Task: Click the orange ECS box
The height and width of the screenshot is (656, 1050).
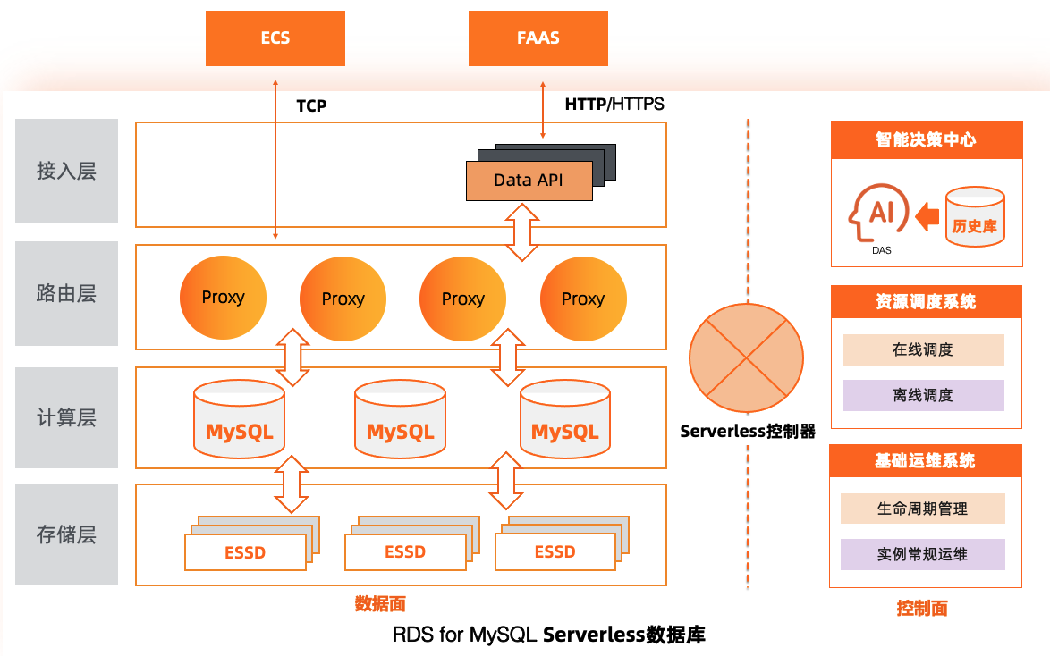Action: click(x=275, y=38)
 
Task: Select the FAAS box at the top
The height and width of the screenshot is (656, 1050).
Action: click(x=538, y=38)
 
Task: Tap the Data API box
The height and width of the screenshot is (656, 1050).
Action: click(x=529, y=181)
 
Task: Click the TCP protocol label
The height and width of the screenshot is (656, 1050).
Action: click(x=311, y=105)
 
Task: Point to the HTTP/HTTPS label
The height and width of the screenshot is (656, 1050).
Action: click(x=614, y=105)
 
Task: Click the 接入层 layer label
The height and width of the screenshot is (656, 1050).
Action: click(x=67, y=172)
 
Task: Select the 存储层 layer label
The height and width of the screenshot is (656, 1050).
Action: click(x=67, y=535)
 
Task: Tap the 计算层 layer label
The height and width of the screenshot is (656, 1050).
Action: click(x=67, y=417)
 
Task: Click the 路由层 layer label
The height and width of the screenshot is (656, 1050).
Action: click(x=67, y=294)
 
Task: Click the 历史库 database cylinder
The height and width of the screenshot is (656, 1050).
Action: click(x=975, y=217)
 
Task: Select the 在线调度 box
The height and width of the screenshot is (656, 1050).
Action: click(x=923, y=350)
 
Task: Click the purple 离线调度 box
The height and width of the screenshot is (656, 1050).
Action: click(x=923, y=395)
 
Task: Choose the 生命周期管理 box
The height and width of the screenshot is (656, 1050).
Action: click(x=923, y=509)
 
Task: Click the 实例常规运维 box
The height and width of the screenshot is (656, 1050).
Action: click(x=923, y=554)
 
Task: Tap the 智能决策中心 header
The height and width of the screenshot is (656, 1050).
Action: click(x=926, y=140)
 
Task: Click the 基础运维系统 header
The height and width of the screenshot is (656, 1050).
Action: click(x=926, y=461)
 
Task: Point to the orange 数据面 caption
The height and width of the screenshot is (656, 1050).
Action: click(x=380, y=604)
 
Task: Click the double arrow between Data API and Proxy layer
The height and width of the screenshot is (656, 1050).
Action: click(x=522, y=231)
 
